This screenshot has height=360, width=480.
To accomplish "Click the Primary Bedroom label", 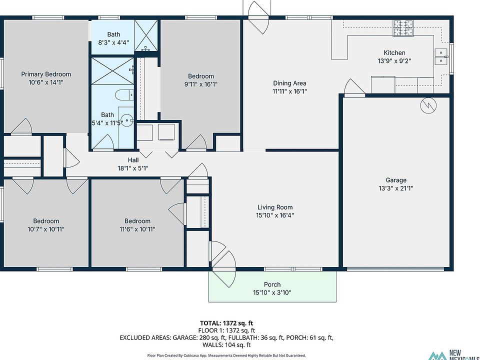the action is pyautogui.click(x=46, y=74).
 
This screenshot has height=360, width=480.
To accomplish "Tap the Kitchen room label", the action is pyautogui.click(x=394, y=52).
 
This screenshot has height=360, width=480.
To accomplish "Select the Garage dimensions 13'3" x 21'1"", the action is pyautogui.click(x=396, y=188).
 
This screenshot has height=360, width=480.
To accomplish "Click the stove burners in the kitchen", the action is pyautogui.click(x=403, y=28).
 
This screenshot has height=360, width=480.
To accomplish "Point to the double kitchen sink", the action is pyautogui.click(x=441, y=56).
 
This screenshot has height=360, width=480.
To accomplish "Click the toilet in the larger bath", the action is pyautogui.click(x=124, y=95).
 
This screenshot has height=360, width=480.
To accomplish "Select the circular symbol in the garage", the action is pyautogui.click(x=428, y=105).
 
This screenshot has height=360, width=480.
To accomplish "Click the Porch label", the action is pyautogui.click(x=272, y=284).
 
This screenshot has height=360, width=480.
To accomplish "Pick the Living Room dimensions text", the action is pyautogui.click(x=275, y=215).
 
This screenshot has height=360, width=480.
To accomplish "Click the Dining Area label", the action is pyautogui.click(x=289, y=83).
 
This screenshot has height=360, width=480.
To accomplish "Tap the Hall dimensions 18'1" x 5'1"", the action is pyautogui.click(x=133, y=168).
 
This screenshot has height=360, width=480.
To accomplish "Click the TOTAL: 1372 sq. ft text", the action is pyautogui.click(x=226, y=323).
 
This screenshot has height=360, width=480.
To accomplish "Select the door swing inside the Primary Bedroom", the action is pyautogui.click(x=22, y=125).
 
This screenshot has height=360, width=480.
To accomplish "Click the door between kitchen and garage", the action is pyautogui.click(x=354, y=88).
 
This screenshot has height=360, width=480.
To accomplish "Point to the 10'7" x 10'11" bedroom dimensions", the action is pyautogui.click(x=46, y=229).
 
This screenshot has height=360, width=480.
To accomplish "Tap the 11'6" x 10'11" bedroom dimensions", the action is pyautogui.click(x=137, y=229).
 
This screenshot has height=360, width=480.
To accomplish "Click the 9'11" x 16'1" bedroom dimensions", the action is pyautogui.click(x=201, y=84).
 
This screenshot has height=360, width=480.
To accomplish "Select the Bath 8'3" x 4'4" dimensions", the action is pyautogui.click(x=113, y=42).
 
